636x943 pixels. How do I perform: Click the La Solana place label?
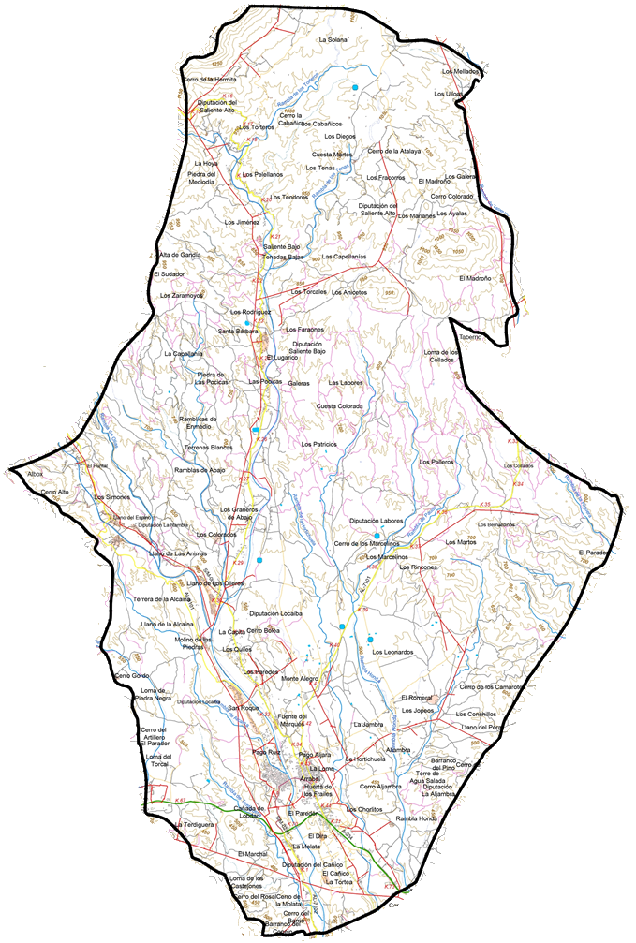(x=333, y=40)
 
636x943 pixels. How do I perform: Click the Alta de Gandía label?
(x=180, y=255)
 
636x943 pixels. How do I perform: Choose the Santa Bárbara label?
(x=238, y=331)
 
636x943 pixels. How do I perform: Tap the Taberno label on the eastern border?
(x=469, y=337)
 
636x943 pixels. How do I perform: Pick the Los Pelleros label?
(x=436, y=463)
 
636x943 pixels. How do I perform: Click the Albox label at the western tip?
(x=36, y=475)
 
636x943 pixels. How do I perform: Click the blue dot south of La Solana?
(x=355, y=87)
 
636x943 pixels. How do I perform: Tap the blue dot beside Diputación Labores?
(x=377, y=536)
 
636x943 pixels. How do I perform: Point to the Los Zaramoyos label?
(x=181, y=296)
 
